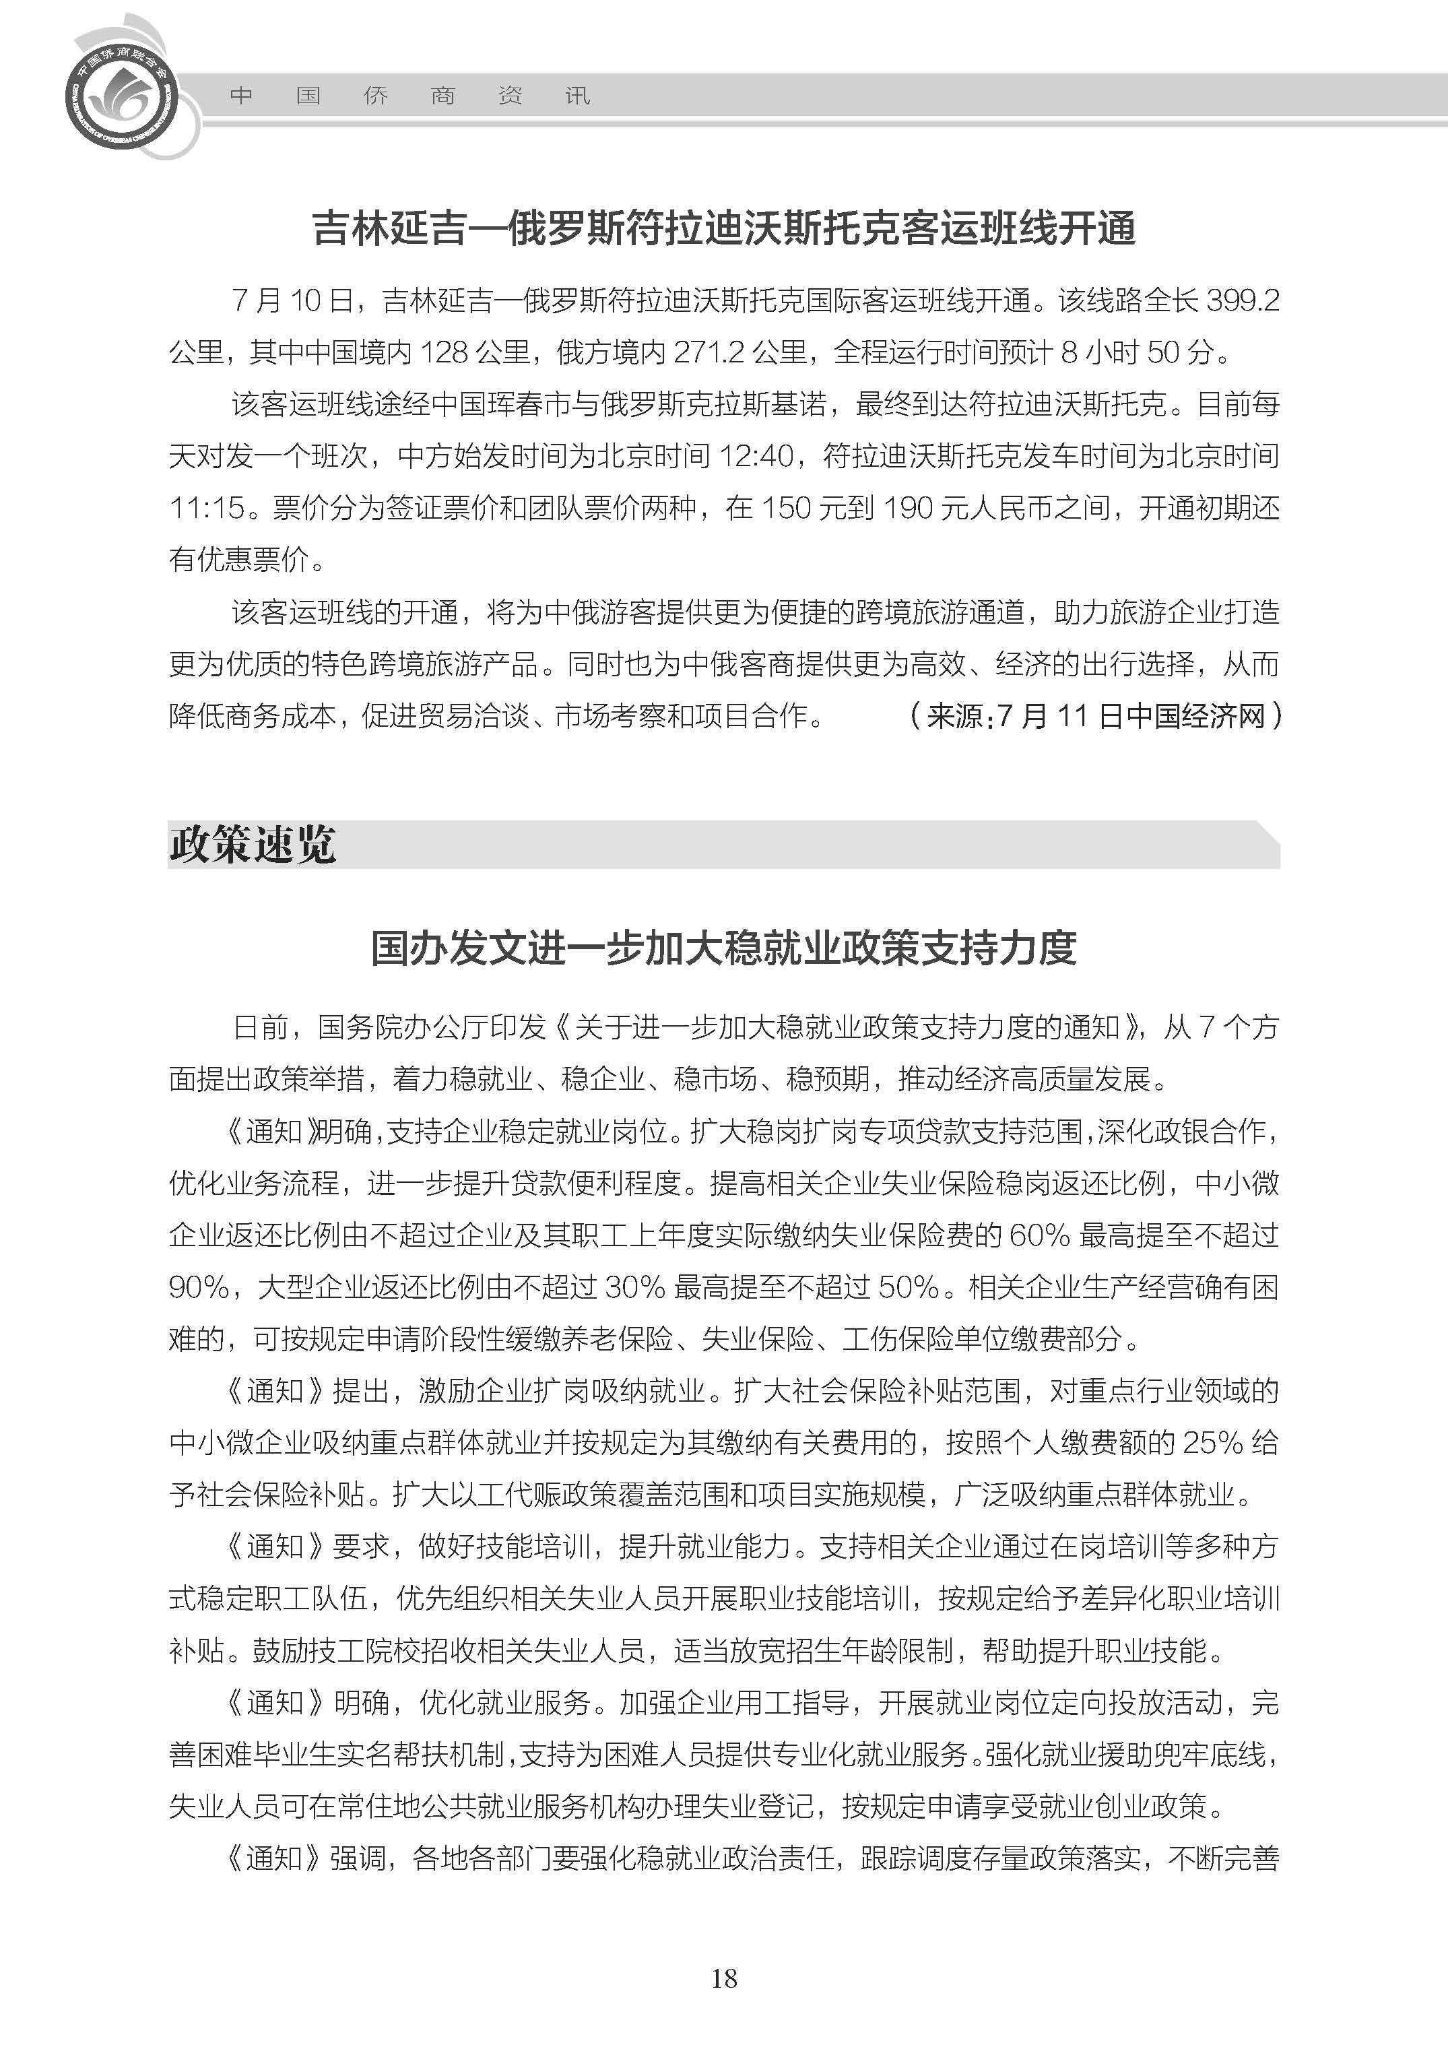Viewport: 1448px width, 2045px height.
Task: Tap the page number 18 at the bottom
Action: click(723, 1978)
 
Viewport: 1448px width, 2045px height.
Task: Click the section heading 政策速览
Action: click(253, 844)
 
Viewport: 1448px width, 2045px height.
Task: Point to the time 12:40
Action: click(756, 457)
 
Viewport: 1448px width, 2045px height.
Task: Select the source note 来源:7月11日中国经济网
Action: click(1095, 715)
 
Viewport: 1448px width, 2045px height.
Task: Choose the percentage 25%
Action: click(1212, 1442)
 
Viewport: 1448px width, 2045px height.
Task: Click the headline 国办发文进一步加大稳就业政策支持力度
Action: click(723, 948)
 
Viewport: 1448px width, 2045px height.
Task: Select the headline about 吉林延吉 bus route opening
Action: click(723, 228)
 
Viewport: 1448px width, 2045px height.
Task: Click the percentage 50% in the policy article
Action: click(909, 1287)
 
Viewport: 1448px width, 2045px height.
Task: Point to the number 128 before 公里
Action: click(443, 352)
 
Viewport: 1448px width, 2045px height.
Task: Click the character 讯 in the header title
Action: click(577, 96)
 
